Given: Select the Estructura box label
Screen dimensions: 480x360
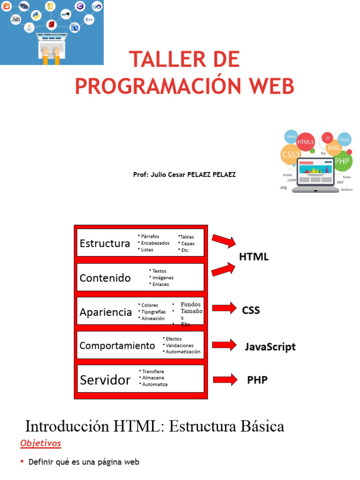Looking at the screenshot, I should [105, 243].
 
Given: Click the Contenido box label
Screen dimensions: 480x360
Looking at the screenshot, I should [105, 278].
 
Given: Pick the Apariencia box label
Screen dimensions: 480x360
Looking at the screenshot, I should [105, 312].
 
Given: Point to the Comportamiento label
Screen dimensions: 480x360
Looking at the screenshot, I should [117, 346].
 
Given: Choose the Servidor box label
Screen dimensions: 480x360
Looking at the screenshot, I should [105, 380].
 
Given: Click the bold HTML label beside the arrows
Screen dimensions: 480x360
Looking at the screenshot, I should [254, 257].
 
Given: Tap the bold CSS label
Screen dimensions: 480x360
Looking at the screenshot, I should [251, 310].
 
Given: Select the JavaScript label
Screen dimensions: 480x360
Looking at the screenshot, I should [270, 347].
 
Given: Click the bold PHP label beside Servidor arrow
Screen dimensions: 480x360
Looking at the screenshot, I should [257, 380].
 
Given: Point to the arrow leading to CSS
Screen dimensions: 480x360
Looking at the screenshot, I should [225, 308].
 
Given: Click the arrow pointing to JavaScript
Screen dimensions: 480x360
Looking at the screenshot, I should [225, 345].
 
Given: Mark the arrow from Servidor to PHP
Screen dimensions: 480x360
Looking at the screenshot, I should [225, 379].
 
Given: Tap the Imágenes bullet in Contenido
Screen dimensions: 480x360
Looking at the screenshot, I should [163, 277].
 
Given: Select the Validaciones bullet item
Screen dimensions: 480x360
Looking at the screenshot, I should [180, 345].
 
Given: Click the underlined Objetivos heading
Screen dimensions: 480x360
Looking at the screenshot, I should [41, 443].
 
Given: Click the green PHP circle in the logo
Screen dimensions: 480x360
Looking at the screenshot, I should [342, 161].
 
